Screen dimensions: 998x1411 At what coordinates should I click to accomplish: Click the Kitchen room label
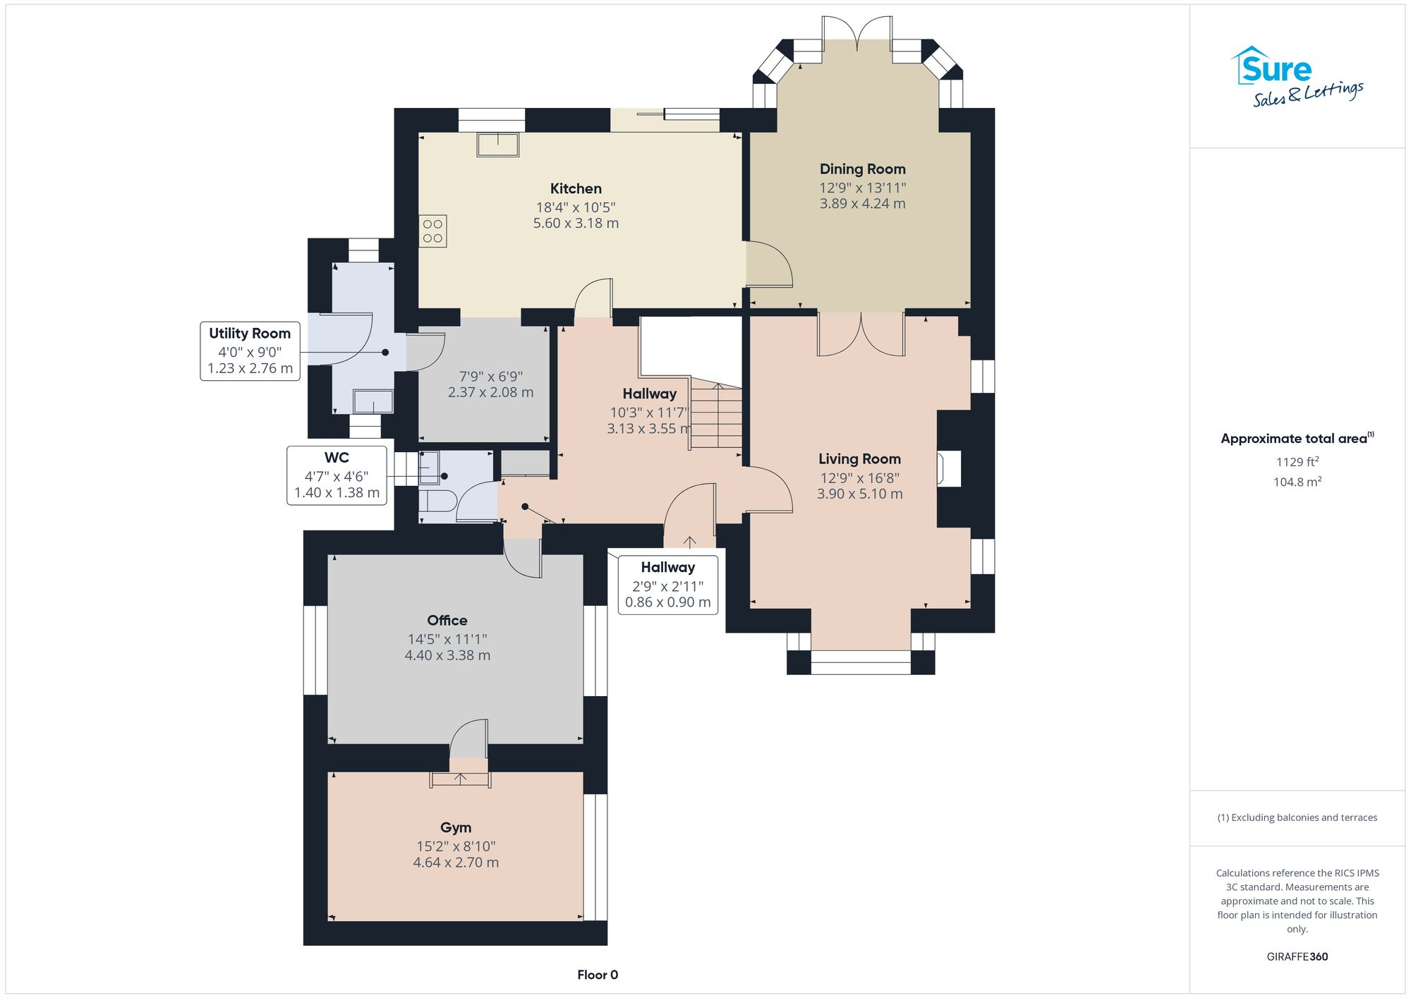pos(576,188)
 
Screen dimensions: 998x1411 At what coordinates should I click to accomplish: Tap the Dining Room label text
pos(862,169)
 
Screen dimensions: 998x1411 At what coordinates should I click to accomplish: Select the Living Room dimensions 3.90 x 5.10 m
pos(859,494)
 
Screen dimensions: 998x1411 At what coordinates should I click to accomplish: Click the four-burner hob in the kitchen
pos(432,231)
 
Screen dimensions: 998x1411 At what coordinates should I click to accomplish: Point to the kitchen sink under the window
pos(497,145)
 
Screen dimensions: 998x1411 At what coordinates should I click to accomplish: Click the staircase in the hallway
pos(716,416)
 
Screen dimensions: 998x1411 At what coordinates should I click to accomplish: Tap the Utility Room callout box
pos(250,351)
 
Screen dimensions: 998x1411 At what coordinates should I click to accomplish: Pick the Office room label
pos(447,621)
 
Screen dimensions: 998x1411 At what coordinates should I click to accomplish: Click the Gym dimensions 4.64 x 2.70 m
pos(456,863)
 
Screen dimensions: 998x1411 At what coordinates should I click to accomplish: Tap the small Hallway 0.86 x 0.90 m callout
pos(667,585)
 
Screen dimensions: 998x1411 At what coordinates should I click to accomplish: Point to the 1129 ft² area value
pos(1297,462)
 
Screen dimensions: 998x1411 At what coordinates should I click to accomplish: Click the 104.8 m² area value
pos(1297,482)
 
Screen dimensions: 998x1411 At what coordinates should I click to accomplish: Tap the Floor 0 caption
pos(598,975)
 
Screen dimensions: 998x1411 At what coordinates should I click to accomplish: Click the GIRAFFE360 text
pos(1297,956)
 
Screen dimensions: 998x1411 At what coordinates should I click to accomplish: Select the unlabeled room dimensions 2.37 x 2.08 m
pos(490,392)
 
